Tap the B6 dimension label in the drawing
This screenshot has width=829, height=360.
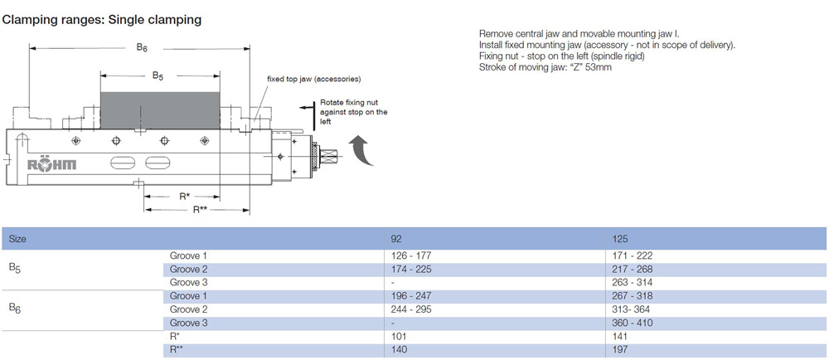142,47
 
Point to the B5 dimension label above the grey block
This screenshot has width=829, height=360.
158,75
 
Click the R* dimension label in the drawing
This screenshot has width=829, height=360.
184,197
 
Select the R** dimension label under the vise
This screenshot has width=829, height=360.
200,210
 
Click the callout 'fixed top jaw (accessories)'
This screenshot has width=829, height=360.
313,79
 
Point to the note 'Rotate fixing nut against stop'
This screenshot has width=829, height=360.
353,112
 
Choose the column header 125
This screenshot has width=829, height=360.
619,239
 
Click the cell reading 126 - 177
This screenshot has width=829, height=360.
411,255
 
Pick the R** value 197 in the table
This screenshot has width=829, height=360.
619,350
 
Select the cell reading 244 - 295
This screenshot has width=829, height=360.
411,309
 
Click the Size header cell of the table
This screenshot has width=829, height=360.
17,239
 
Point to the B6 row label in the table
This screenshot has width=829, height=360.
15,309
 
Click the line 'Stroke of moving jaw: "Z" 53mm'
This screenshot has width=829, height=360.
545,67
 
